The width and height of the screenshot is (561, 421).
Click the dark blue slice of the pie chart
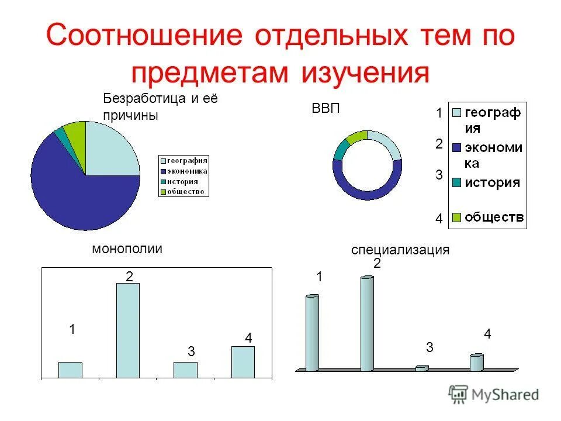pyautogui.click(x=70, y=187)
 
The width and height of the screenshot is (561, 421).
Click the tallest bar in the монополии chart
pyautogui.click(x=128, y=330)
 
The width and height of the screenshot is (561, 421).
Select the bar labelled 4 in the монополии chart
pyautogui.click(x=243, y=362)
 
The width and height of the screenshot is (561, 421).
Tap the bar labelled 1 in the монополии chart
pyautogui.click(x=70, y=370)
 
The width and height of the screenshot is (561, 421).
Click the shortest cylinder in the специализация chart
pyautogui.click(x=422, y=368)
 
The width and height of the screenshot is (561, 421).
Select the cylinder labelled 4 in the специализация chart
pyautogui.click(x=477, y=363)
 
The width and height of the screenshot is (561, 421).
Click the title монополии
pyautogui.click(x=127, y=249)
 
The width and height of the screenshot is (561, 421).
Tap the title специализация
pyautogui.click(x=400, y=250)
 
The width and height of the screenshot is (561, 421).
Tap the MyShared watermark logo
pyautogui.click(x=494, y=395)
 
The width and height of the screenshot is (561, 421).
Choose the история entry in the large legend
pyautogui.click(x=491, y=182)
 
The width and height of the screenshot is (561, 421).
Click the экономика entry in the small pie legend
pyautogui.click(x=188, y=171)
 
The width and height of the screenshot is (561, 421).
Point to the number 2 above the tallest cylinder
pyautogui.click(x=378, y=264)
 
